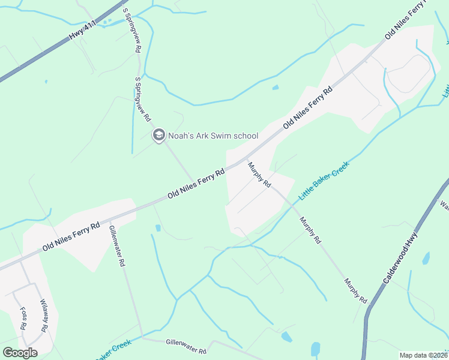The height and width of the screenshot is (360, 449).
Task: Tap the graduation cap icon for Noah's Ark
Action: (x=158, y=136)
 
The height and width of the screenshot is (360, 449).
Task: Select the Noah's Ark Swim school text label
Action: (x=213, y=136)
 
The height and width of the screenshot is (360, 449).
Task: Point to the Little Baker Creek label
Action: (x=324, y=180)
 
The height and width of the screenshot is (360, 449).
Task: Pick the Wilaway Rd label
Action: (x=43, y=316)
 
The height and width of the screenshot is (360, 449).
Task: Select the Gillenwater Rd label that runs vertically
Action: (x=117, y=245)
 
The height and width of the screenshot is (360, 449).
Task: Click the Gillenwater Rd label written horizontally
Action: (x=186, y=345)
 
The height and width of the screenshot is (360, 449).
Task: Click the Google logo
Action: (x=20, y=353)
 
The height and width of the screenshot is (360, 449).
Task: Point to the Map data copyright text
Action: (x=424, y=355)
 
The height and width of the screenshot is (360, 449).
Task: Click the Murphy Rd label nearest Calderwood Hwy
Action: (x=355, y=290)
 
